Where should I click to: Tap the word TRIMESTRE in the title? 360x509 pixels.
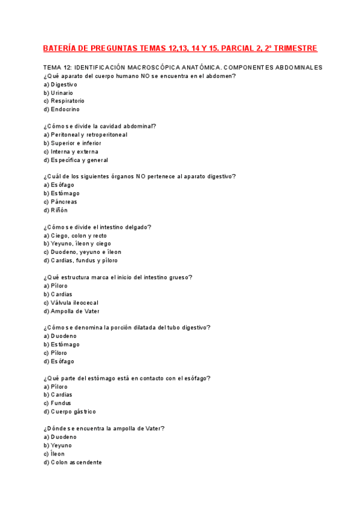click(x=292, y=48)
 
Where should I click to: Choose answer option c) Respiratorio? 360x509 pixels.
click(x=64, y=101)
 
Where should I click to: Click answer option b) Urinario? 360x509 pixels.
click(x=58, y=93)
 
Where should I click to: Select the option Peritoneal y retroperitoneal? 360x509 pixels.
click(x=85, y=135)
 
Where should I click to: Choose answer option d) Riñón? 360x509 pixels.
click(x=55, y=211)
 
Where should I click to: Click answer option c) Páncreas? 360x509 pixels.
click(x=60, y=202)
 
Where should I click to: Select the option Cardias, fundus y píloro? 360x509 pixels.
click(x=80, y=261)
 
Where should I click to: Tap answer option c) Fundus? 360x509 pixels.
click(x=58, y=403)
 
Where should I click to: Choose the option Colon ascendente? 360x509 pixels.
click(x=73, y=463)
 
